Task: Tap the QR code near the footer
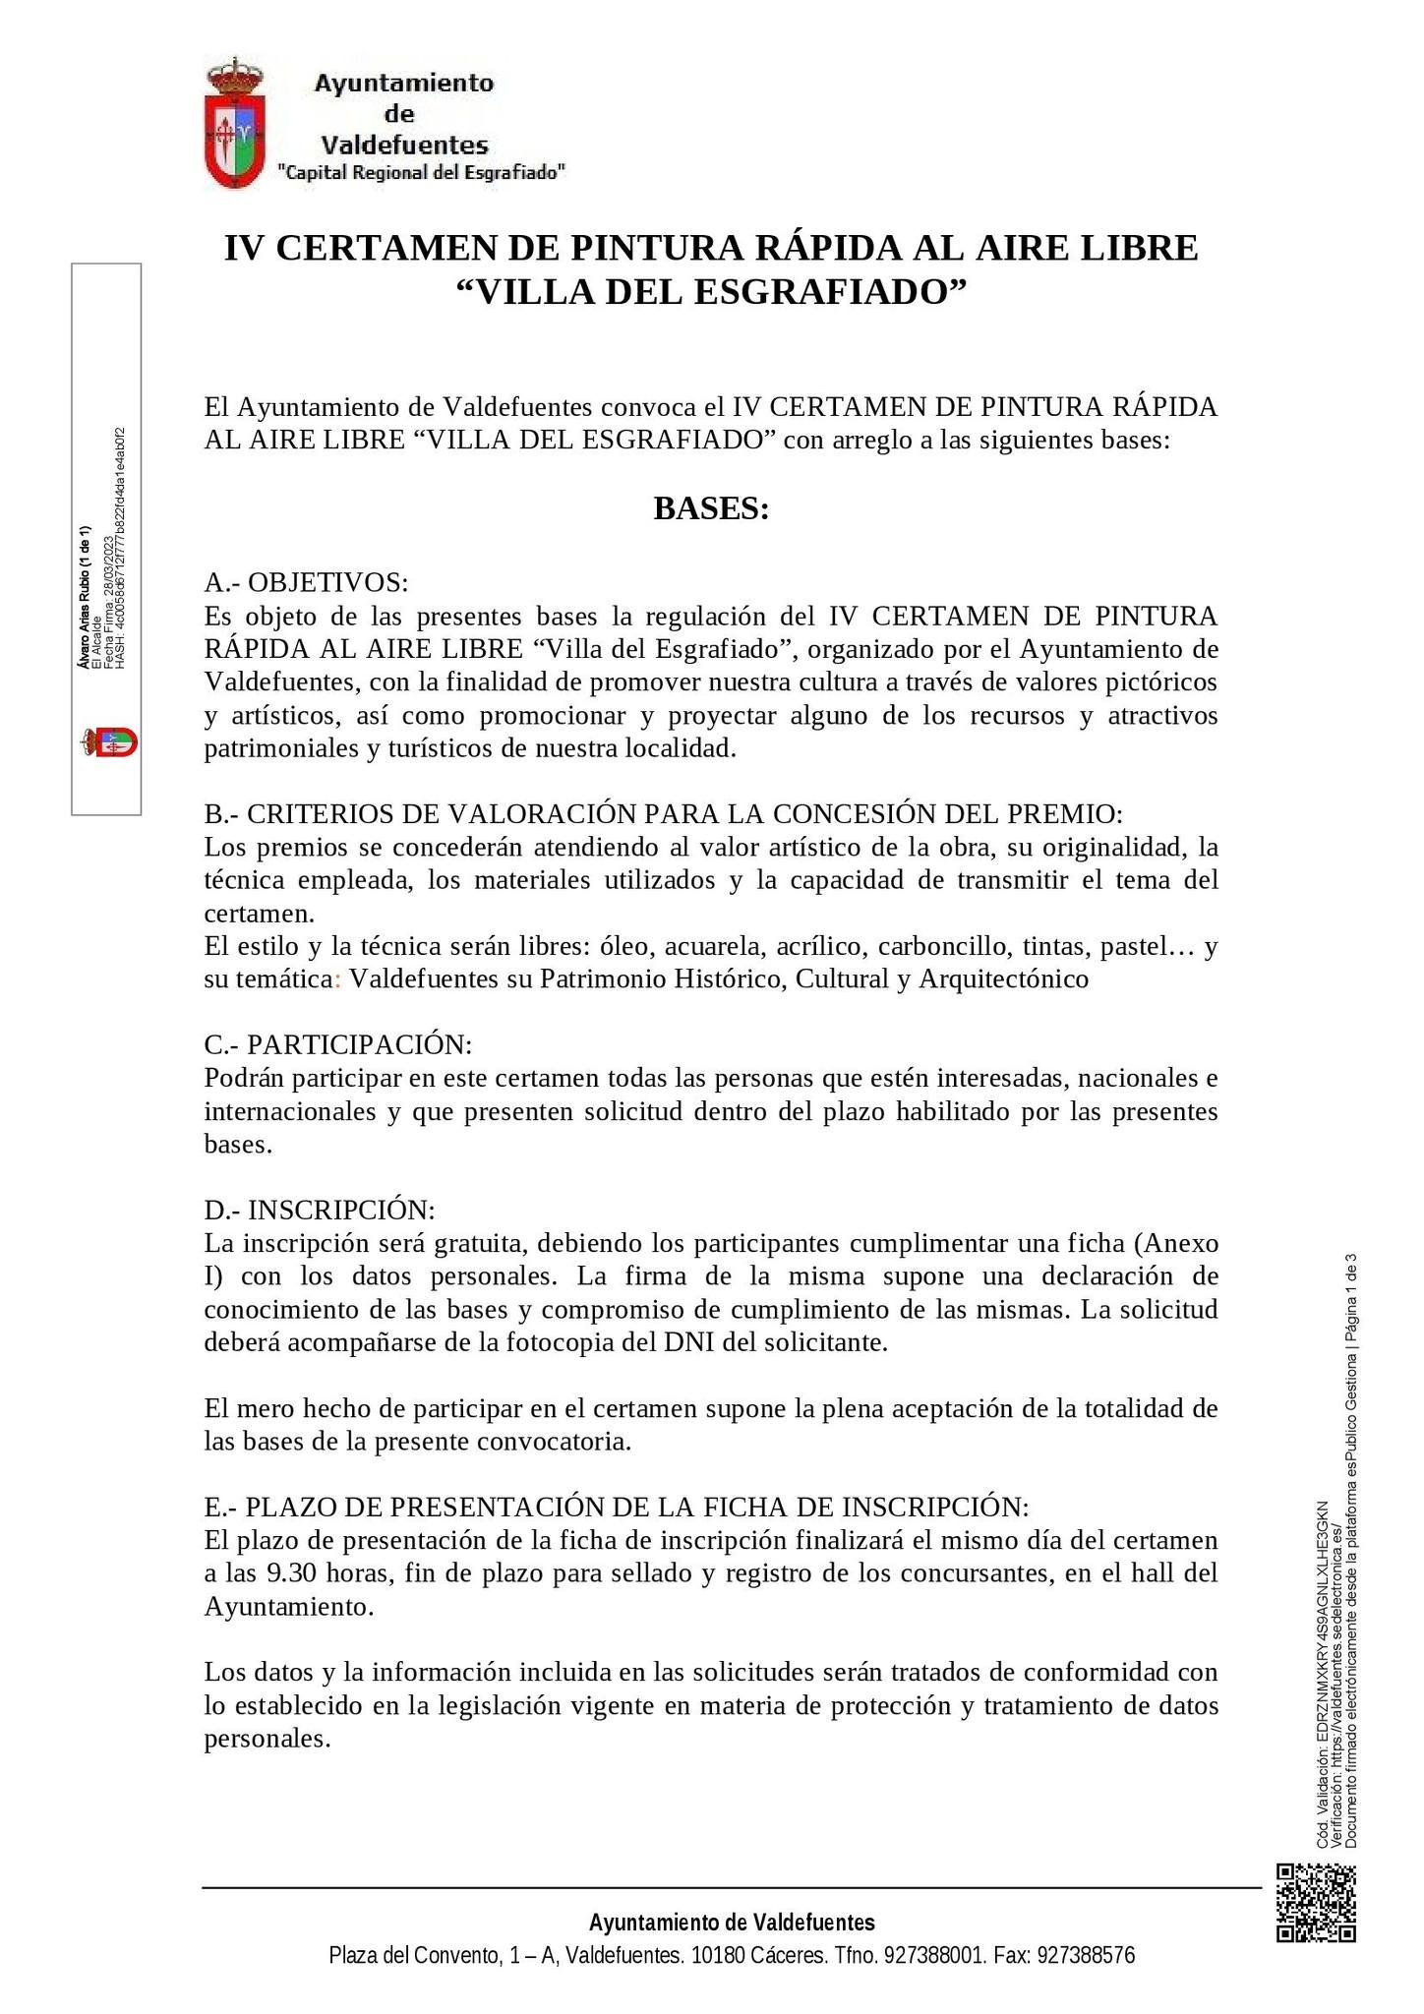[x=1316, y=1903]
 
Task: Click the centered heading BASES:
[x=711, y=509]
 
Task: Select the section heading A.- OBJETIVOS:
[x=306, y=582]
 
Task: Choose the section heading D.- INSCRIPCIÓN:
[x=320, y=1210]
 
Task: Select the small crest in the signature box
[x=109, y=741]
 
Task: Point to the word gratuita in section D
[x=471, y=1243]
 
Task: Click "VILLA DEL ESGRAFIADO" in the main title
[x=711, y=292]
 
